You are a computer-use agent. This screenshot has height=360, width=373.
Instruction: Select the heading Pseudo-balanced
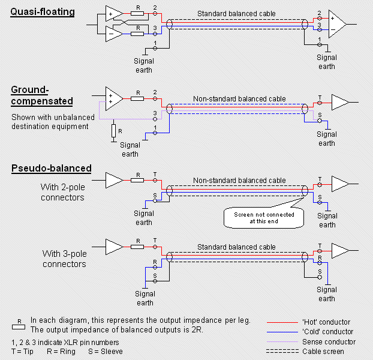click(x=50, y=168)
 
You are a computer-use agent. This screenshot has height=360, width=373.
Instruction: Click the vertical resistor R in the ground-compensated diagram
click(x=114, y=131)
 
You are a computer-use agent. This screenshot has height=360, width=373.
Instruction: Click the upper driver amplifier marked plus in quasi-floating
click(x=113, y=13)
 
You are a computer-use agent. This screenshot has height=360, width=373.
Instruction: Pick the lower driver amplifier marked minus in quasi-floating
click(x=113, y=34)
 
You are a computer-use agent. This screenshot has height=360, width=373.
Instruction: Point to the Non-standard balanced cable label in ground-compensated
click(x=239, y=99)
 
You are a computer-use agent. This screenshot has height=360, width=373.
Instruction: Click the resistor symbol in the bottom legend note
click(x=20, y=325)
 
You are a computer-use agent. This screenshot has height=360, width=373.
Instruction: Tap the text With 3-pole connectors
click(x=64, y=259)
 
